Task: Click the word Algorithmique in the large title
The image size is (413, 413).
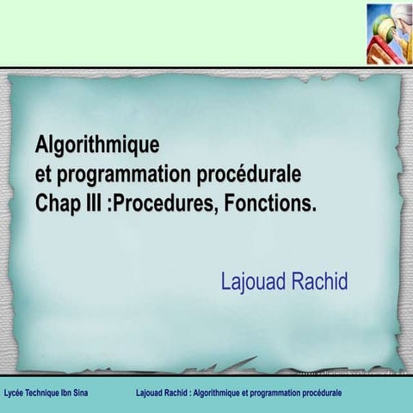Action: (x=97, y=144)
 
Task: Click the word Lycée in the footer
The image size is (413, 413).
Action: (x=15, y=392)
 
